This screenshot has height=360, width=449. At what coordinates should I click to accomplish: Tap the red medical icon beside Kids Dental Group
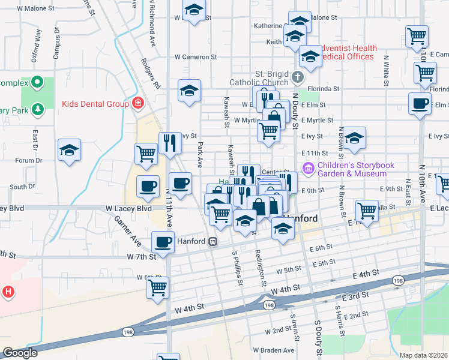point(138,104)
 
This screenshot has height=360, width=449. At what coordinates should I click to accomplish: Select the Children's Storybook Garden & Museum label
point(352,169)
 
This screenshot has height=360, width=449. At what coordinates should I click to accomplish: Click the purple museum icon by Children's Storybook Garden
point(309,167)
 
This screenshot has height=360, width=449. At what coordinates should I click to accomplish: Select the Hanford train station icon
point(212,242)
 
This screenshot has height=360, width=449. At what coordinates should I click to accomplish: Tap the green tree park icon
point(38,109)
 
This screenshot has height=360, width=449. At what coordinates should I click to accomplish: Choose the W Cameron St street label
point(196,57)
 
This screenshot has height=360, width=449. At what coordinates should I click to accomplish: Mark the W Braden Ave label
point(274,350)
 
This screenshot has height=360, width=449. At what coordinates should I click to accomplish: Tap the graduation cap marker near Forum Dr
point(69,150)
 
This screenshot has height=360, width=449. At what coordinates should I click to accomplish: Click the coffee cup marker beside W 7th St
point(161,242)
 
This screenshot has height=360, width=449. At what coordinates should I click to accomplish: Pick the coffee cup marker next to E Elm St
point(420,103)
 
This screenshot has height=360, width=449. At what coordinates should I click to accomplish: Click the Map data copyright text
point(424,355)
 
